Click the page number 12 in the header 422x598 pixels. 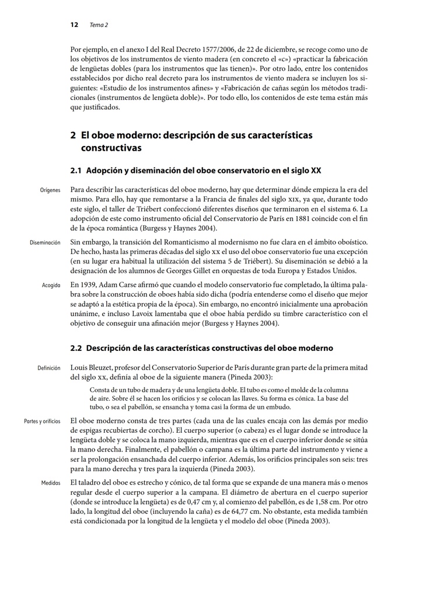tap(74, 25)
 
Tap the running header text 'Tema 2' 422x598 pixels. tap(99, 25)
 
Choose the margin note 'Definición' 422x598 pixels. tap(48, 368)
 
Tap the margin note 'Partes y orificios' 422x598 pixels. tap(42, 420)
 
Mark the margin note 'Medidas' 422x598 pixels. tap(50, 484)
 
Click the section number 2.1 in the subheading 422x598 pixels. tap(76, 171)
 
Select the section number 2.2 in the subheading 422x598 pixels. tap(76, 348)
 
